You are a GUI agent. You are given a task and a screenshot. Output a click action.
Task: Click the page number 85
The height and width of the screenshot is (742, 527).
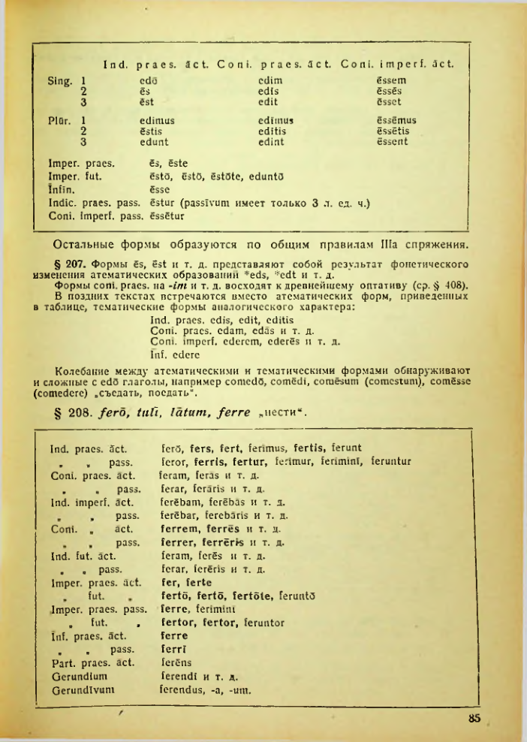tap(473, 718)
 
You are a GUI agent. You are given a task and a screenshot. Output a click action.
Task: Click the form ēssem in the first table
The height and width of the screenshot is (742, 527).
tap(390, 78)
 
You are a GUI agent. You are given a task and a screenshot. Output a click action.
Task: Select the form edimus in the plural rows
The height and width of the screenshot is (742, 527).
tap(158, 119)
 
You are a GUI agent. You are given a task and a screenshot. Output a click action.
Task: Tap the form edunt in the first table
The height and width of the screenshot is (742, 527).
tap(154, 141)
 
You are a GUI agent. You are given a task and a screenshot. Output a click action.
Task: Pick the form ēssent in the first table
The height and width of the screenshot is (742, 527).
tap(393, 141)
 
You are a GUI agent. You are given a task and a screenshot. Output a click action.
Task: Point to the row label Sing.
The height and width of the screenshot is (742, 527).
tap(61, 78)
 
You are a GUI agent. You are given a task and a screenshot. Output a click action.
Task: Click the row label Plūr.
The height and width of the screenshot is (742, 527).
tap(61, 119)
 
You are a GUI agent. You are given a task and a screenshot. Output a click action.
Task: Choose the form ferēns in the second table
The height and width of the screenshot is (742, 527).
tap(176, 662)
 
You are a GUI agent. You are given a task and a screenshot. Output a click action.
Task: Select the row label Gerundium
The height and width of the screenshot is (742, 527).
tap(77, 676)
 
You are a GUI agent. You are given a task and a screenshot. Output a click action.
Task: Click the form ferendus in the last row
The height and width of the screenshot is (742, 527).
tap(185, 691)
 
